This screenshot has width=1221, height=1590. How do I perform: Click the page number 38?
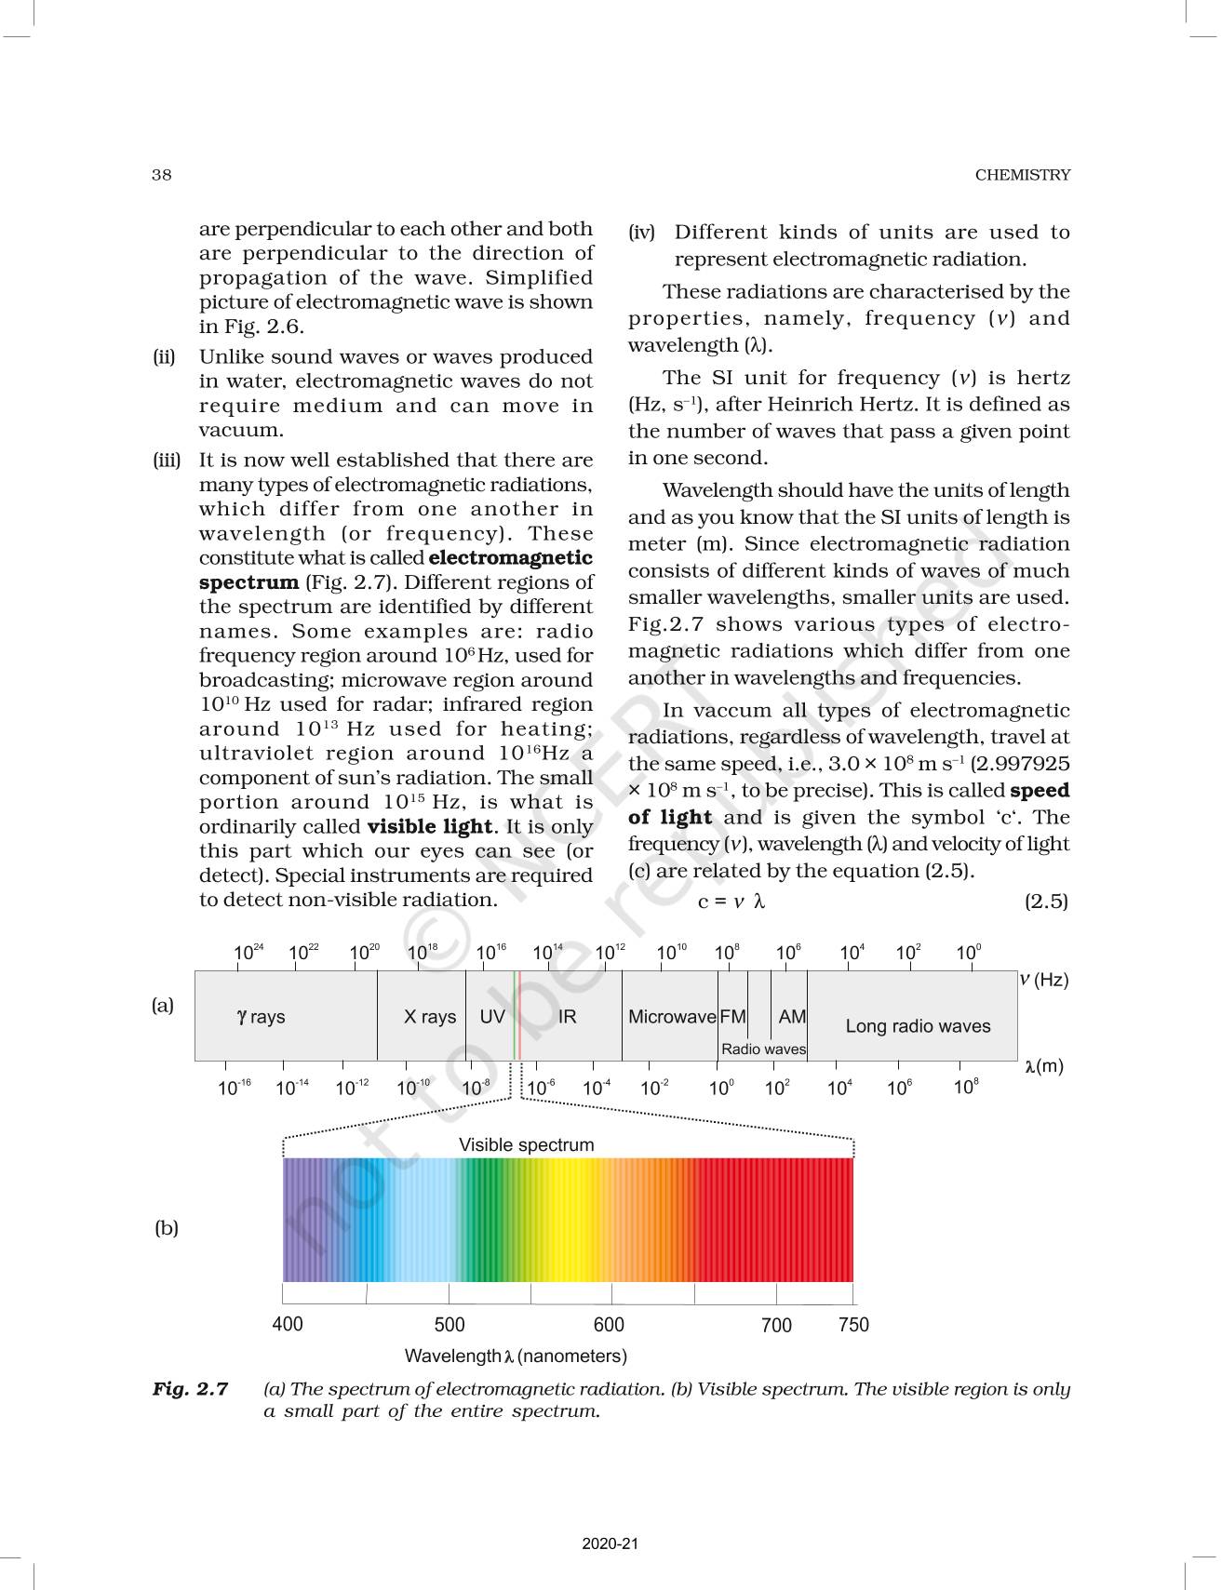(x=162, y=175)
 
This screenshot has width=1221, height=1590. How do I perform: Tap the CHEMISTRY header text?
(x=1022, y=175)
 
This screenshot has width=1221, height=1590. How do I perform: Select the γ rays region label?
(x=262, y=1017)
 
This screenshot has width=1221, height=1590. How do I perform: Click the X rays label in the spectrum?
(x=429, y=1017)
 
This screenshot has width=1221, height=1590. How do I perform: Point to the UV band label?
(x=491, y=1017)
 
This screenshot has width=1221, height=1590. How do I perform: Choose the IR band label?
(x=567, y=1017)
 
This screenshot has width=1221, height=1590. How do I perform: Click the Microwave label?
(x=671, y=1017)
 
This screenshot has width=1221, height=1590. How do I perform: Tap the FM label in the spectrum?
(x=732, y=1017)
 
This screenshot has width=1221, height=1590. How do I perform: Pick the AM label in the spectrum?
(x=792, y=1017)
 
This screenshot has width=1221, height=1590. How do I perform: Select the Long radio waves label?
(x=918, y=1026)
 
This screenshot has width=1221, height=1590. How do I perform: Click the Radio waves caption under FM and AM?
(x=763, y=1049)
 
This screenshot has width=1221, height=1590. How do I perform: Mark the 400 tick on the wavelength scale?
(x=288, y=1324)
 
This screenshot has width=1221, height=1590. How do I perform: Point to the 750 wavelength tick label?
(x=853, y=1325)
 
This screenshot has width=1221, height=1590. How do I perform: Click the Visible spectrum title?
(x=526, y=1145)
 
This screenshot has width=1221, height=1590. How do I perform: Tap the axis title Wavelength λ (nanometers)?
(x=516, y=1356)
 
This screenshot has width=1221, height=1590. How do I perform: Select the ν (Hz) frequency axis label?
(x=1043, y=980)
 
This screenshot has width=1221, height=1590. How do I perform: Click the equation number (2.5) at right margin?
(x=1046, y=902)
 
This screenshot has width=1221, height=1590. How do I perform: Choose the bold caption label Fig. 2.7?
(x=191, y=1389)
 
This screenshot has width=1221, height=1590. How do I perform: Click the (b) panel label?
(x=166, y=1228)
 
